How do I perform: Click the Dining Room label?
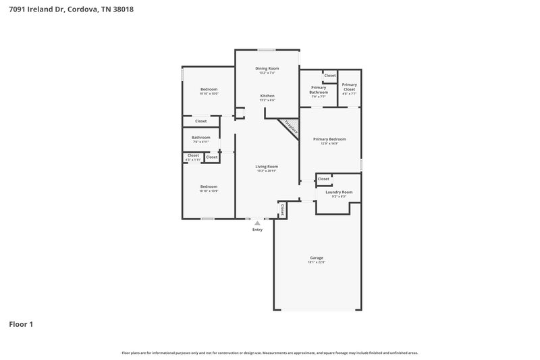coord(267,68)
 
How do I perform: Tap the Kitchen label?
coord(267,96)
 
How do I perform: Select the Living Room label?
coord(267,166)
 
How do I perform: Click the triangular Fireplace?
coord(291,126)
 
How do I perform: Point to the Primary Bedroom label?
coord(329,139)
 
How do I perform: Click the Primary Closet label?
coord(349,86)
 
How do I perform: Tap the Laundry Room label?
coord(339,192)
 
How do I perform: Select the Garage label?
coord(317,258)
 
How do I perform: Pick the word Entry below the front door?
coord(257,230)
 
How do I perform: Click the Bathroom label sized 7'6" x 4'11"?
coord(201,137)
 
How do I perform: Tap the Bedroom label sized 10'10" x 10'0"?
coord(209,90)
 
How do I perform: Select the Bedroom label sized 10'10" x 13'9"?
coord(209,186)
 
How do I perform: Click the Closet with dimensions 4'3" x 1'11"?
coord(193,156)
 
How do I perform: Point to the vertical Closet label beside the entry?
coord(282,209)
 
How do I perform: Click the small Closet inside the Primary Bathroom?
coord(329,76)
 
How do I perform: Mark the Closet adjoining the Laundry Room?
coord(323,179)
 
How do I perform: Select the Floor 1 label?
coord(21,324)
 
